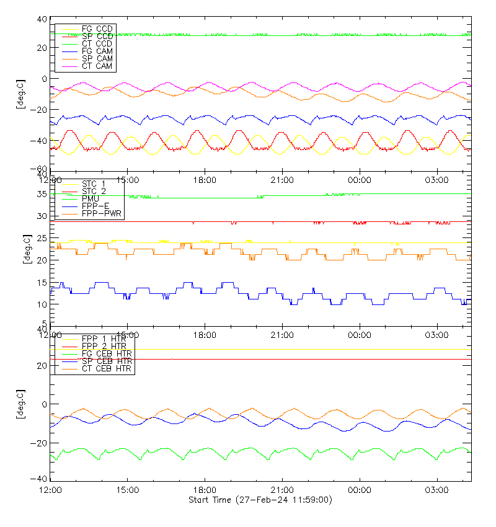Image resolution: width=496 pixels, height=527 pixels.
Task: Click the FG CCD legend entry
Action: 97,29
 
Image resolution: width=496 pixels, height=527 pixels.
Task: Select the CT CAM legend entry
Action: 97,66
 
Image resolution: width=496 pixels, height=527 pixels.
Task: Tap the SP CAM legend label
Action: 97,58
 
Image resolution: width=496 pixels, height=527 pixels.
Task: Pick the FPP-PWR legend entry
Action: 102,213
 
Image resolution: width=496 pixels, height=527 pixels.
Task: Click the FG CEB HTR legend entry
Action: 107,353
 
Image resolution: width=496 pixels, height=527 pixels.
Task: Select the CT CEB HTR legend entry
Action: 107,368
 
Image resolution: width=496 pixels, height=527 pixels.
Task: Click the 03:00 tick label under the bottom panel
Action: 438,489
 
